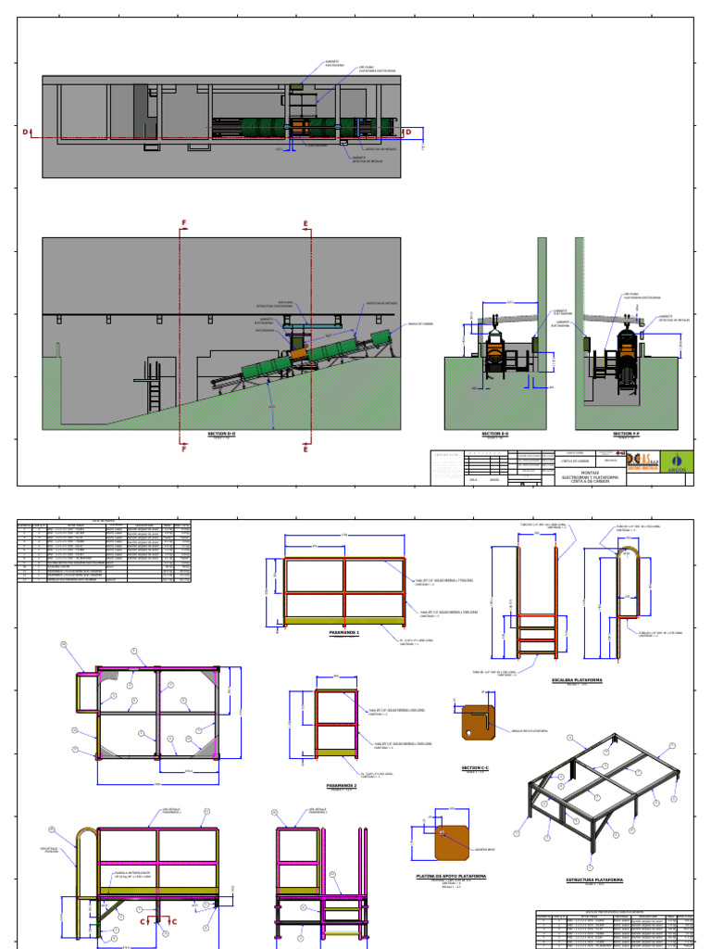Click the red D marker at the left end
(x=26, y=133)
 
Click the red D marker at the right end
(x=407, y=133)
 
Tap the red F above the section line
(x=184, y=223)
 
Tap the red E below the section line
(x=306, y=449)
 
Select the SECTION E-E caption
(x=496, y=434)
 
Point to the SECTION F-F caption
(x=627, y=434)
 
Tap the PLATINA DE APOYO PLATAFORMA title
(x=451, y=875)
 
